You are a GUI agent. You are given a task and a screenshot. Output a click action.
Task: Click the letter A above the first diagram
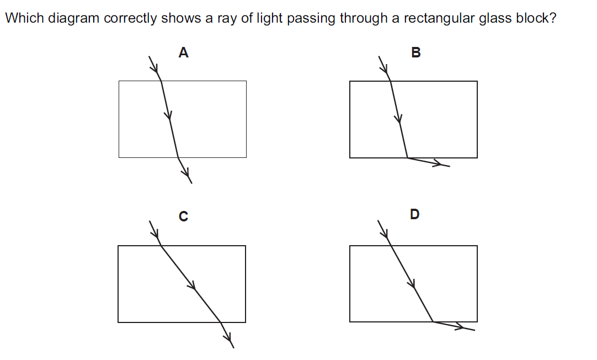[x=184, y=53]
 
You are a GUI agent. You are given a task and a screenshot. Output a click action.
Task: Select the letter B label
[x=416, y=53]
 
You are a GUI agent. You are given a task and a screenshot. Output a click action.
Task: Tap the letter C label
[x=184, y=217]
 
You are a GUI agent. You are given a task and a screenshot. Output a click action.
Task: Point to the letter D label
[x=415, y=214]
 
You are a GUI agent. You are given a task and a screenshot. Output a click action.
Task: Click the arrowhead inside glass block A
[x=168, y=116]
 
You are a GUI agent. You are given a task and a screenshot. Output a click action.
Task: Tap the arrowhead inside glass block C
[x=192, y=285]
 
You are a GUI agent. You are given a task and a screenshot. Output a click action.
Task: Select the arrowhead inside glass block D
[x=412, y=284]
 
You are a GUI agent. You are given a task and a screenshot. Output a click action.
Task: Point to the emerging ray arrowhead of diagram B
[x=438, y=163]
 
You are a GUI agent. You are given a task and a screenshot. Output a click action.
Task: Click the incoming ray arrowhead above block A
[x=156, y=69]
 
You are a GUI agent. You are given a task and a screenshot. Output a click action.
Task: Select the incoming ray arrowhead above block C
[x=154, y=233]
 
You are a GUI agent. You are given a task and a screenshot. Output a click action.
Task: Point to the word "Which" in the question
[x=23, y=18]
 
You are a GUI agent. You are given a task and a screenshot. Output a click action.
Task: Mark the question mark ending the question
[x=552, y=18]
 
